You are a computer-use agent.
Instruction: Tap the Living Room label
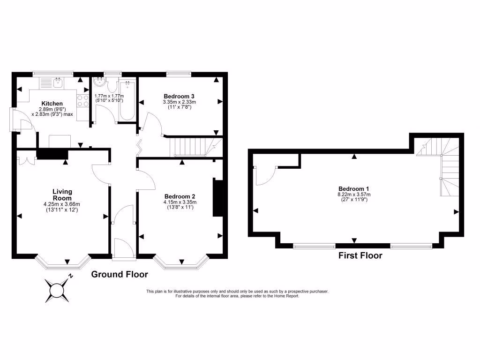coord(62,195)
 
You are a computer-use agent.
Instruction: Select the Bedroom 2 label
coord(180,196)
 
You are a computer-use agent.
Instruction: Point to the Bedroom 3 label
coord(179,96)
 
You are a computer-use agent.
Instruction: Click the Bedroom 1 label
coord(353,188)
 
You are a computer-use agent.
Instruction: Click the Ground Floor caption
coord(120,274)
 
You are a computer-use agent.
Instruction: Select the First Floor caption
coord(360,255)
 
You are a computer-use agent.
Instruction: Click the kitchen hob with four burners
coord(83,101)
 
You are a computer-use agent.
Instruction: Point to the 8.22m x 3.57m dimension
coord(353,195)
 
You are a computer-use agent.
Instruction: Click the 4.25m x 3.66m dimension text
coord(62,204)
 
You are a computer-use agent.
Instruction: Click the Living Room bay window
coord(63,263)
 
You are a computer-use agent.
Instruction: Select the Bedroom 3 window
coord(179,74)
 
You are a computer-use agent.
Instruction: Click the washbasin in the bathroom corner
coord(100,83)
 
